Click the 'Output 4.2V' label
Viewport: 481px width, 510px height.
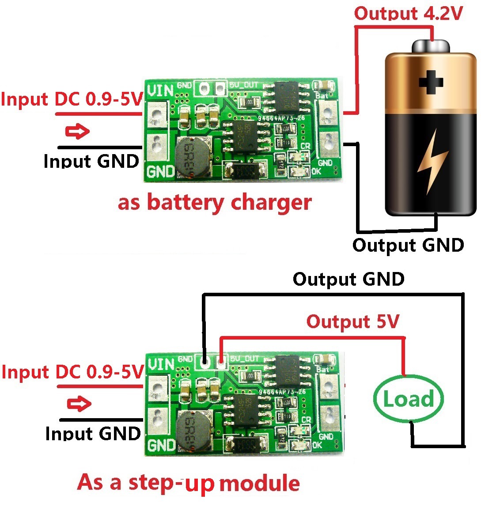[x=408, y=13]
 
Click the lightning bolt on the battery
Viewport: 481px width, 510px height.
[x=432, y=161]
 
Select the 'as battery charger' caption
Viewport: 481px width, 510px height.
[x=215, y=203]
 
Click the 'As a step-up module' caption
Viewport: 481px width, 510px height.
[x=189, y=483]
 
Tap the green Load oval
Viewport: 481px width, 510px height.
[x=408, y=399]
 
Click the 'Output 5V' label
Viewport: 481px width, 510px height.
[x=353, y=321]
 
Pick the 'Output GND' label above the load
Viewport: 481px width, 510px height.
[x=348, y=279]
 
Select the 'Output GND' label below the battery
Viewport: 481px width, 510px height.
[x=408, y=245]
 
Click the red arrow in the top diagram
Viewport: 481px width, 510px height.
[x=77, y=131]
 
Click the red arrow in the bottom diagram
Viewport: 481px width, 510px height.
[x=79, y=404]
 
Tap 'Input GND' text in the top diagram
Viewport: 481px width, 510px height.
[x=91, y=161]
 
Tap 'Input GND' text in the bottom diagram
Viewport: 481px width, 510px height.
[x=93, y=434]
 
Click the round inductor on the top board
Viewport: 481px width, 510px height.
[x=192, y=155]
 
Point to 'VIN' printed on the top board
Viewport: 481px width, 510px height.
[x=160, y=91]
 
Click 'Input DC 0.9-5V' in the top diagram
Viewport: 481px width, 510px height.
[x=72, y=99]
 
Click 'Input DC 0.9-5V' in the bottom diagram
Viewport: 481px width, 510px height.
[x=73, y=372]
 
